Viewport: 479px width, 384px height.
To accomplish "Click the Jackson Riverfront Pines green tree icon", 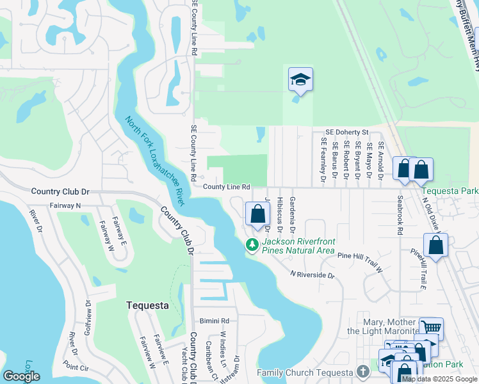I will click(252, 244).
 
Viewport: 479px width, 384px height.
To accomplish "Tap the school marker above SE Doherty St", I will click(300, 80).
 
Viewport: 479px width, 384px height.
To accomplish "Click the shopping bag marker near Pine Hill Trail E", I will click(435, 245).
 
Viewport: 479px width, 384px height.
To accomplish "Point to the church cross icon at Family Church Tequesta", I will click(364, 372).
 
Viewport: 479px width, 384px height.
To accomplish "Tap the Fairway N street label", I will click(65, 205).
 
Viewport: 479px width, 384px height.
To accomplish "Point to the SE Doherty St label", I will click(347, 131).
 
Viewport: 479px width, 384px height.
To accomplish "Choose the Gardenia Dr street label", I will click(292, 214).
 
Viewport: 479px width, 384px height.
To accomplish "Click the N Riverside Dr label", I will click(313, 275).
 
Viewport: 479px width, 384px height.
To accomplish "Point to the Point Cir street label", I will click(76, 367).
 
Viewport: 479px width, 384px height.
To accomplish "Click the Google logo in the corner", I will click(21, 376).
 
